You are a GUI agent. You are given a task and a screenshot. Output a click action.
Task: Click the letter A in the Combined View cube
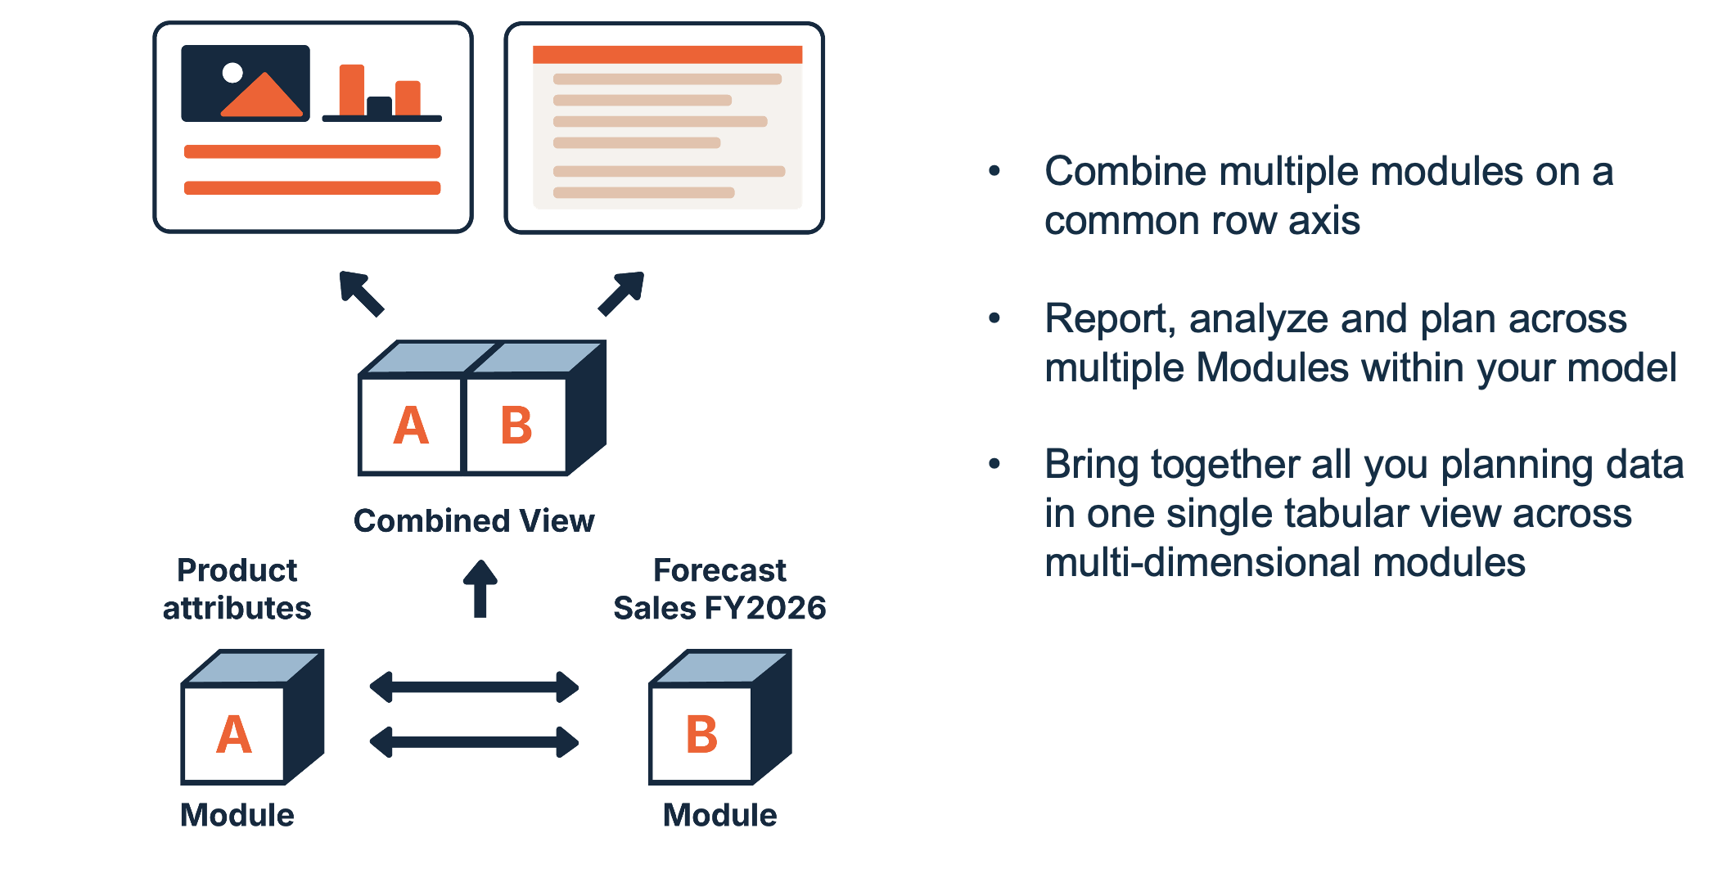[x=411, y=425]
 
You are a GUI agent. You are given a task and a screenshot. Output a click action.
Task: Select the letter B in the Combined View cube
[x=516, y=425]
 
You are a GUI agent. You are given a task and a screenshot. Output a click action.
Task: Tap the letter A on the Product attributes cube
[x=234, y=735]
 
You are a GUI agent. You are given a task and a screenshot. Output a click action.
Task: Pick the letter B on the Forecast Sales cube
[x=701, y=735]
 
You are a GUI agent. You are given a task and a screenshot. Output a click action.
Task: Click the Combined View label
[x=474, y=521]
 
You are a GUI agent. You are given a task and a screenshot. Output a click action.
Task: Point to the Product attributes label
[x=237, y=589]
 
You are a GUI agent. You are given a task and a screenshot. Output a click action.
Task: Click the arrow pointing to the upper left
[x=361, y=293]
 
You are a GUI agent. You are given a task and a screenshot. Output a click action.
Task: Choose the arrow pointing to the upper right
[x=622, y=293]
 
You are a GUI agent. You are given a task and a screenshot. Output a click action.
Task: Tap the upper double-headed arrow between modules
[x=475, y=687]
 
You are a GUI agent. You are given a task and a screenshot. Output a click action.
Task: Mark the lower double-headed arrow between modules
[x=475, y=742]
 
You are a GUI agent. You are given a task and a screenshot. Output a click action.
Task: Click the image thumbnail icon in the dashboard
[x=246, y=83]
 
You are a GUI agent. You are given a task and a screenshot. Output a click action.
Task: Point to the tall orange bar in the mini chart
[x=352, y=90]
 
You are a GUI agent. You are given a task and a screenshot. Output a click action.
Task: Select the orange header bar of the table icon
[x=667, y=55]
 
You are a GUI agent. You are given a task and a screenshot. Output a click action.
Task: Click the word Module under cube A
[x=237, y=815]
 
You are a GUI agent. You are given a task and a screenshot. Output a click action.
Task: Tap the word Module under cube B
[x=720, y=815]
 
